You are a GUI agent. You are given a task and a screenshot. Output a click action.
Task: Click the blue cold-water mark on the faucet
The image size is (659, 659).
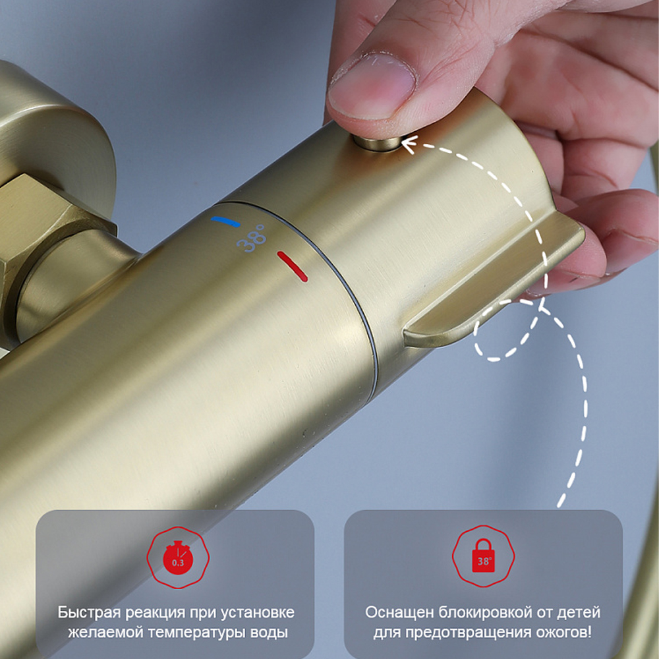tap(225, 221)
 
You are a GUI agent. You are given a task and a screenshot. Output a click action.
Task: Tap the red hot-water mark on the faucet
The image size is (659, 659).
tap(292, 266)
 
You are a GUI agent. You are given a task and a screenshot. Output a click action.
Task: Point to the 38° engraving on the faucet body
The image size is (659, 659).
tap(251, 238)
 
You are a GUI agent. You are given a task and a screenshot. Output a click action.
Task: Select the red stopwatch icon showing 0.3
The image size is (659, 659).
tap(178, 557)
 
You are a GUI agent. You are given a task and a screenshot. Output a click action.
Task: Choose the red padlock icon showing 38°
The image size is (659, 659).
tap(483, 556)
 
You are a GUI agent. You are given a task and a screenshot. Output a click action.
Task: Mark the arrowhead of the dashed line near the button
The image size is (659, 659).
tap(409, 143)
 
